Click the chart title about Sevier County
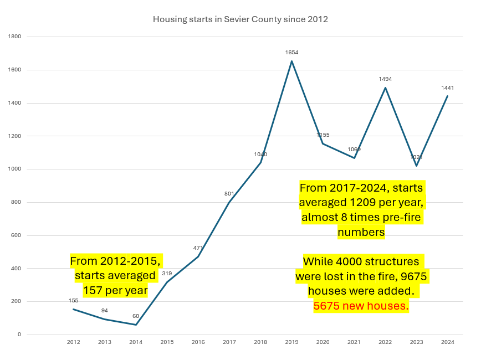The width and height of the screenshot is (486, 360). pyautogui.click(x=240, y=19)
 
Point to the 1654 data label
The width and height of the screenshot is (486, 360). pyautogui.click(x=291, y=53)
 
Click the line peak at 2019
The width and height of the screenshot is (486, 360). pyautogui.click(x=291, y=61)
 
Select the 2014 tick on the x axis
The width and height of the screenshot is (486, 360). pyautogui.click(x=136, y=342)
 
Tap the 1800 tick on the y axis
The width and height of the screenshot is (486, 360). pyautogui.click(x=14, y=37)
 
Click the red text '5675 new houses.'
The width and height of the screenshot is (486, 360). pyautogui.click(x=361, y=306)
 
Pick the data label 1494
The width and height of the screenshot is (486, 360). pyautogui.click(x=385, y=79)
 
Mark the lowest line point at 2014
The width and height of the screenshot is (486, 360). pyautogui.click(x=136, y=325)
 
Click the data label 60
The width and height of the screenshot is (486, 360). pyautogui.click(x=136, y=316)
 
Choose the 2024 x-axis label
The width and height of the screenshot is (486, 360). pyautogui.click(x=448, y=342)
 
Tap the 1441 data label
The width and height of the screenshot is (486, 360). pyautogui.click(x=448, y=88)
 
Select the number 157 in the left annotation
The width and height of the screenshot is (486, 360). pyautogui.click(x=93, y=290)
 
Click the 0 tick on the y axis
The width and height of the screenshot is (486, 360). pyautogui.click(x=19, y=335)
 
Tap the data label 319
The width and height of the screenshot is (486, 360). pyautogui.click(x=167, y=273)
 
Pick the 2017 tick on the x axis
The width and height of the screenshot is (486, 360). pyautogui.click(x=229, y=342)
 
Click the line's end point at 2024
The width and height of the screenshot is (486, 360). pyautogui.click(x=448, y=96)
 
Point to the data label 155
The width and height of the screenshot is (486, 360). pyautogui.click(x=74, y=301)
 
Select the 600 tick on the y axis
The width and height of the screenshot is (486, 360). pyautogui.click(x=16, y=235)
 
